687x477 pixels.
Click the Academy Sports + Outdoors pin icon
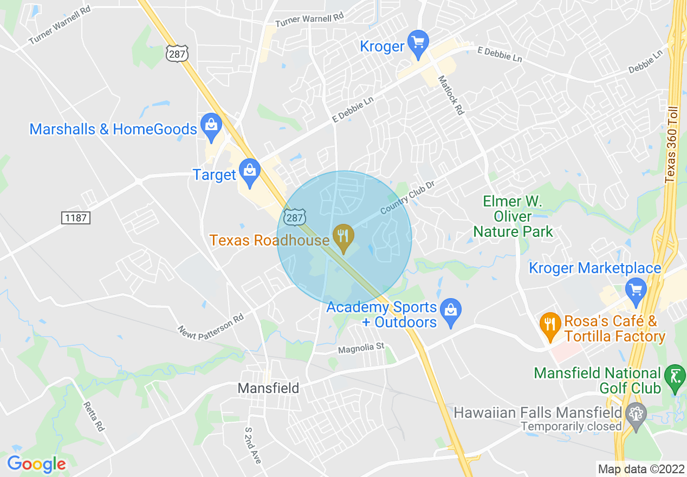[450, 312]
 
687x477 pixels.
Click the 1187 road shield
[75, 217]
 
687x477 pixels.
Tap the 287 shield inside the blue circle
[294, 218]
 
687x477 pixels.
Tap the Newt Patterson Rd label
[212, 324]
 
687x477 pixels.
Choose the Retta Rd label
[93, 416]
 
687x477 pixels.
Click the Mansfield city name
[268, 388]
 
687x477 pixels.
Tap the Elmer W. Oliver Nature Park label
[513, 217]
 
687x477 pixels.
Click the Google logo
[36, 464]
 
